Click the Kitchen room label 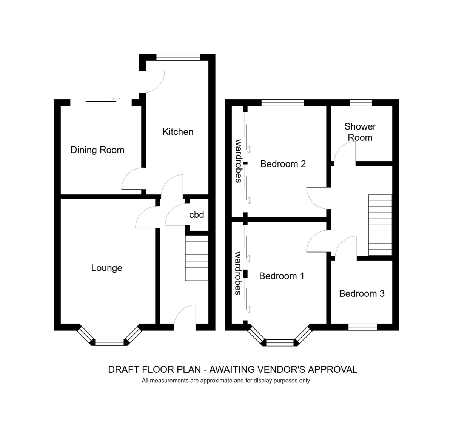[178, 132]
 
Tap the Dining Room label [97, 150]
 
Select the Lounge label [106, 268]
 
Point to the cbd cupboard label [196, 215]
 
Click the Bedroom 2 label [283, 164]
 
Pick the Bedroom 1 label [282, 276]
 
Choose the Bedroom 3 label [362, 294]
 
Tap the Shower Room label [360, 132]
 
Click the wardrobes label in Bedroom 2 [238, 161]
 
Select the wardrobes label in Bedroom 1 [238, 273]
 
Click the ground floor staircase [197, 258]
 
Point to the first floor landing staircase [380, 225]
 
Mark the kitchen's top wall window [178, 57]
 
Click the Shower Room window [361, 103]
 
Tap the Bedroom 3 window [363, 327]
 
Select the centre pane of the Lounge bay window [109, 342]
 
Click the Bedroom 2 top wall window [283, 103]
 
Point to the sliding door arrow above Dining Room [116, 99]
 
